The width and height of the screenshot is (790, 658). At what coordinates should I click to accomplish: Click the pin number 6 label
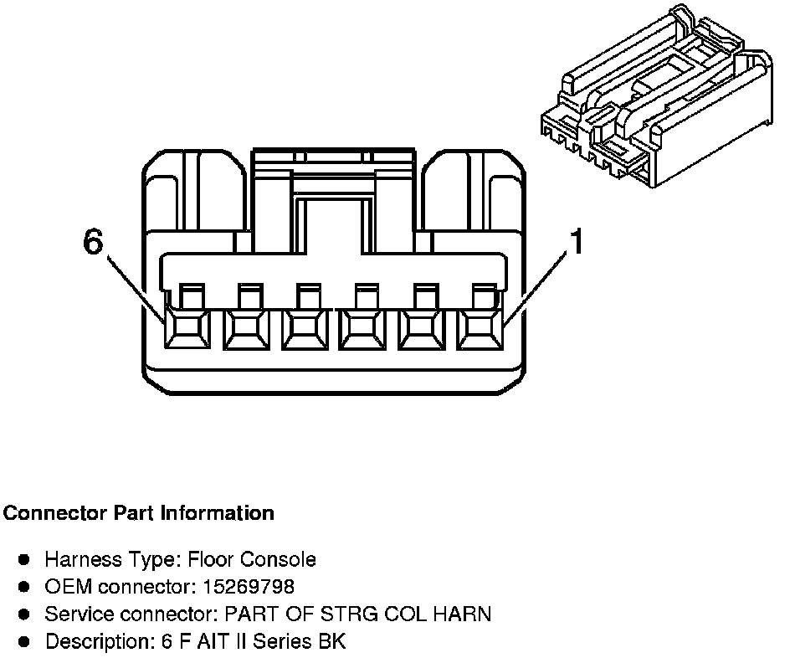(93, 242)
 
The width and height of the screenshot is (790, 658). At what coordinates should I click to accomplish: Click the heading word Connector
(54, 513)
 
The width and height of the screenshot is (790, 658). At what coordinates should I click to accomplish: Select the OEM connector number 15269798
(251, 586)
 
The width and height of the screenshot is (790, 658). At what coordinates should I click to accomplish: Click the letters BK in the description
(333, 642)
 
